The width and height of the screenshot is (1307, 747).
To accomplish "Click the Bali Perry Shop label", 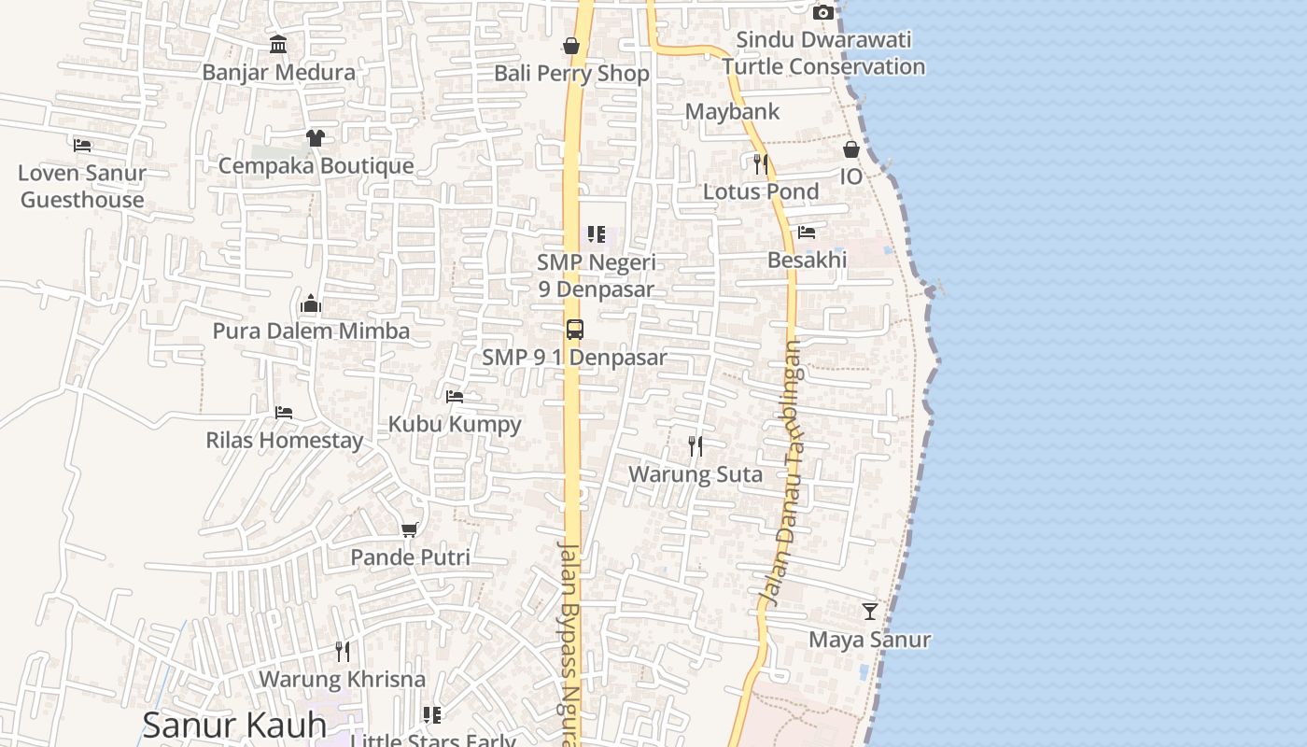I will pos(571,73).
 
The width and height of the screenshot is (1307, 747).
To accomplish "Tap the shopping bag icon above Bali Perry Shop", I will pos(571,46).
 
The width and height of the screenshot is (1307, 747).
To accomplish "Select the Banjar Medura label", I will pos(278,72).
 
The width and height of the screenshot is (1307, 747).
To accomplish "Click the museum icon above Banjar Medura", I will pos(278,44).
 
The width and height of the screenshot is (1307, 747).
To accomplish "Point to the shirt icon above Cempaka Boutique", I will pos(315,138).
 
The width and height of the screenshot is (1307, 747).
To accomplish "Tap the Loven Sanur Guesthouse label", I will pos(82,186).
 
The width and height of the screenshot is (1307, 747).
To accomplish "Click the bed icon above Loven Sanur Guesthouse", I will pos(82,145).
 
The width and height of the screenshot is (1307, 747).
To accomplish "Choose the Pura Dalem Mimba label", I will pos(311,331).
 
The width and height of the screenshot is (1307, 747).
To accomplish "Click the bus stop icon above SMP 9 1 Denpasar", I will pos(575,330).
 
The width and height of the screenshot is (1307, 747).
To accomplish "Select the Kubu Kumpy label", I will pos(455,424).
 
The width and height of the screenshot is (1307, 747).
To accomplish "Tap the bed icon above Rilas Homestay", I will pos(284,412).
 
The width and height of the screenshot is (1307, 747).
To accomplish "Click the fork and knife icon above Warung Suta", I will pos(696,446).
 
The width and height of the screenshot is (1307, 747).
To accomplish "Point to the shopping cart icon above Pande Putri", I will pos(409,529).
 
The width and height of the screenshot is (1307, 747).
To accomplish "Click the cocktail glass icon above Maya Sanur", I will pos(870,612).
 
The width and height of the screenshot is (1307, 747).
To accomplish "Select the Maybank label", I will pos(732,112).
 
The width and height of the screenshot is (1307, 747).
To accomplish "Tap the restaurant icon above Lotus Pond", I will pos(761,164).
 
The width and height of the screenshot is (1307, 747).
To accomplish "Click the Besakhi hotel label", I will pos(807,260).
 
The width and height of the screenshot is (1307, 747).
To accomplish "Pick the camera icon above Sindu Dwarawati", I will pos(823,12).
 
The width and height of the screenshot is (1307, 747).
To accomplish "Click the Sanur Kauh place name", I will pos(234,725).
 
